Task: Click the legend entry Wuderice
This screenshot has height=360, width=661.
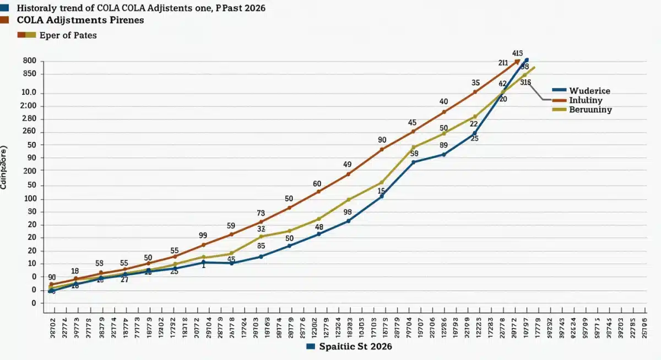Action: click(x=589, y=91)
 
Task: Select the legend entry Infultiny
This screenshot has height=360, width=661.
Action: click(x=586, y=100)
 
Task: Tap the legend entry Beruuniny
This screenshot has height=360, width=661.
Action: click(x=590, y=110)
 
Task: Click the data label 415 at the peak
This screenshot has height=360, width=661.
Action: click(x=517, y=53)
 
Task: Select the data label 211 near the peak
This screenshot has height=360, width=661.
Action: click(x=503, y=63)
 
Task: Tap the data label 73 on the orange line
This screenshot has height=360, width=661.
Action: click(x=261, y=213)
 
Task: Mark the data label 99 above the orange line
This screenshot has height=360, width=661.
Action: click(x=203, y=235)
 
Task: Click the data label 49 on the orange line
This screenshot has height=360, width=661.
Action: click(x=347, y=165)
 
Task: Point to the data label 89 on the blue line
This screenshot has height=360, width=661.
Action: click(x=443, y=145)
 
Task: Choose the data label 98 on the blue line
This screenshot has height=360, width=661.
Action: click(x=347, y=212)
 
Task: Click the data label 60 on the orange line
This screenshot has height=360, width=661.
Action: click(x=317, y=184)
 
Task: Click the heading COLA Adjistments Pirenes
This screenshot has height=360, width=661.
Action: click(x=81, y=20)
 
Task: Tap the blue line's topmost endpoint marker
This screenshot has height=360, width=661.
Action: click(x=527, y=60)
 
